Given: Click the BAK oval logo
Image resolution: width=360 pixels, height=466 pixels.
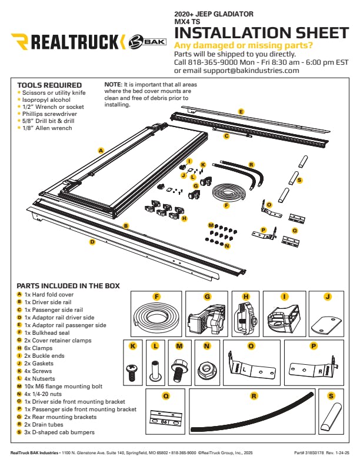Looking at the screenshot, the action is (x=147, y=42).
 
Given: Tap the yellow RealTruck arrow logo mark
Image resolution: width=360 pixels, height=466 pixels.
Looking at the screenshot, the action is (x=20, y=42).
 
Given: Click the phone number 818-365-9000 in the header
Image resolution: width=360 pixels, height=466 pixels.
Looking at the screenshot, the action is (x=212, y=62).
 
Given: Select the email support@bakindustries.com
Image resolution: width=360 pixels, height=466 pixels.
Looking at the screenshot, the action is (x=251, y=71).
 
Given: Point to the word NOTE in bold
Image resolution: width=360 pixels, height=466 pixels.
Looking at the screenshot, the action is (x=113, y=84).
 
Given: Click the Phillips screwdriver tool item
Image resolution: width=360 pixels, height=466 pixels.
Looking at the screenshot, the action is (x=49, y=114).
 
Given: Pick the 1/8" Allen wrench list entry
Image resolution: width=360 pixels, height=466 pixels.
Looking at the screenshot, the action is (x=47, y=128).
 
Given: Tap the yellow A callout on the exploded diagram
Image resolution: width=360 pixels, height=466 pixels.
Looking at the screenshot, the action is (x=101, y=151).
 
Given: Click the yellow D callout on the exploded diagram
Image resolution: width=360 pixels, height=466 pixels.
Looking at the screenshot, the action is (x=92, y=242).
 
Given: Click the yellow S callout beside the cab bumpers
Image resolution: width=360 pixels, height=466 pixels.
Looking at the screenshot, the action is (x=299, y=180).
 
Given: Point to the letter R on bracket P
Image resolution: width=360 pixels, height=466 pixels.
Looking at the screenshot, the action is (x=320, y=371).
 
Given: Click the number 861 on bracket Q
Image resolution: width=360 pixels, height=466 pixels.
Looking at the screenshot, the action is (x=165, y=421).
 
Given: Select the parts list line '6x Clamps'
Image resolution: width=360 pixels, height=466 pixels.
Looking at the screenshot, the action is (x=38, y=348).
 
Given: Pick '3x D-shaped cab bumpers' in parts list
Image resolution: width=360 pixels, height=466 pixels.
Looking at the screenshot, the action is (x=59, y=432).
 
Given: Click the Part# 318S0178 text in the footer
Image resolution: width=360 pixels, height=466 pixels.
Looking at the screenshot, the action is (x=309, y=453).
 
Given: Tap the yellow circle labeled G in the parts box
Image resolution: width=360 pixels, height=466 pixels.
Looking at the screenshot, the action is (x=207, y=297).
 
